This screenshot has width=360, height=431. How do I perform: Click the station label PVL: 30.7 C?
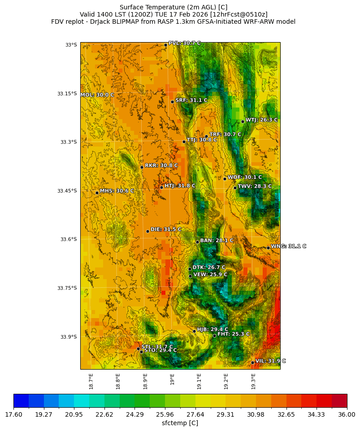(184, 43)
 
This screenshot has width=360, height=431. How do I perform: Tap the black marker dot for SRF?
(172, 102)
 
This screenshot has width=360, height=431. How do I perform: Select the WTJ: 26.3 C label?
(261, 120)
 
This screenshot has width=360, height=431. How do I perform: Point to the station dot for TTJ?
(184, 142)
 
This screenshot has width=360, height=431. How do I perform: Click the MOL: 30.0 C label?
(97, 95)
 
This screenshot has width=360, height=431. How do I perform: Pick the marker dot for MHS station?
(97, 193)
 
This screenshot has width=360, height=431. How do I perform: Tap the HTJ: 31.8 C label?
(180, 185)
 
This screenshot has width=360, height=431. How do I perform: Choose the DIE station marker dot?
(147, 231)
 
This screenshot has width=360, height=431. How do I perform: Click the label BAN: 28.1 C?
(217, 241)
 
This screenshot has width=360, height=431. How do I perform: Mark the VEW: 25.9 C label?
(210, 275)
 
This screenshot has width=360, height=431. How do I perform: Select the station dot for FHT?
(214, 336)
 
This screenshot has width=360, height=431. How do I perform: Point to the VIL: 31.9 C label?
(270, 361)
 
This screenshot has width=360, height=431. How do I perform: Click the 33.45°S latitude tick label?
(67, 191)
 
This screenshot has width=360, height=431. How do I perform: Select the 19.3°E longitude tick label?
(253, 381)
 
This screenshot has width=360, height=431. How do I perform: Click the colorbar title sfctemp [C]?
(180, 423)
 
